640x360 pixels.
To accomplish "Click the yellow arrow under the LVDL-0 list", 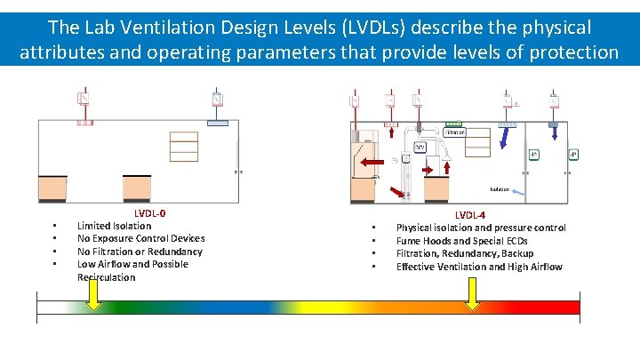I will point(93,302).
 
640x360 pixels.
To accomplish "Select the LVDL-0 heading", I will point(149,213).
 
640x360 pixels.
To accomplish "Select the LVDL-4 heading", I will point(470,215).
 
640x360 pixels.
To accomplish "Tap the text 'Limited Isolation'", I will point(114,226).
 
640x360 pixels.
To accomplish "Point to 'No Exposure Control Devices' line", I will point(140,238).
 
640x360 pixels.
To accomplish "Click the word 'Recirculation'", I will point(107,277).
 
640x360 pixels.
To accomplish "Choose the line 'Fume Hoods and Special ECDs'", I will point(461,241).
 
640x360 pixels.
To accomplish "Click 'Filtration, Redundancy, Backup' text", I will point(465,253).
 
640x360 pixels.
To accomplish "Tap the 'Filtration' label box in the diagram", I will point(453,132).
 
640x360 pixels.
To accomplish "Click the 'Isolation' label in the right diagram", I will point(500,189).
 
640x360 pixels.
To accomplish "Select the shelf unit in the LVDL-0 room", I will point(184,147).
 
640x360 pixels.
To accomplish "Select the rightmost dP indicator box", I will point(574,154).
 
